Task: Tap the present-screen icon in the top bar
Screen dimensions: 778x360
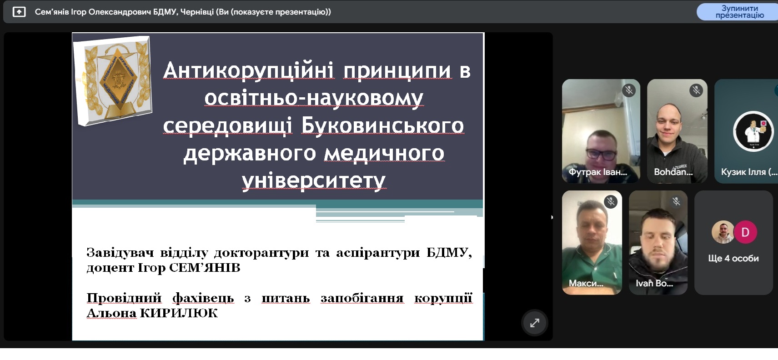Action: tap(19, 12)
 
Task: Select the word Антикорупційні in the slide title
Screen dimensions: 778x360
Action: tap(248, 70)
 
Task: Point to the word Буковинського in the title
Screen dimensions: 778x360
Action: tap(382, 125)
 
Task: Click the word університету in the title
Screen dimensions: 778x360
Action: tap(314, 180)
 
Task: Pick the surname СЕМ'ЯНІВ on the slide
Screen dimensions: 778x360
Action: tap(205, 268)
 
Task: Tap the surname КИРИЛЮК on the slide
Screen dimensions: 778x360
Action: tap(179, 313)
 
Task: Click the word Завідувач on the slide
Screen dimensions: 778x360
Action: tap(120, 253)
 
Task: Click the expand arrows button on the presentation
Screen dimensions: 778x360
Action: tap(535, 323)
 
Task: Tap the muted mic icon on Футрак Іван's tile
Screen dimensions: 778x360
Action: tap(629, 90)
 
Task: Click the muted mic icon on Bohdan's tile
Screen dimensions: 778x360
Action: tap(696, 90)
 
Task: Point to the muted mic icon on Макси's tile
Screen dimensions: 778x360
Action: tap(611, 202)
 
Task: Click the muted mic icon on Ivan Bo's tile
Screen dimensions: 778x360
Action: tap(676, 201)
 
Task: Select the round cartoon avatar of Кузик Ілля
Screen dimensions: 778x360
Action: tap(753, 131)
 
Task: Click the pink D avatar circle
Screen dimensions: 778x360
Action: tap(745, 232)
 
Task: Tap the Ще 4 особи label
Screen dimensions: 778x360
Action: tap(733, 258)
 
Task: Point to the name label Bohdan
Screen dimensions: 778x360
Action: tap(673, 172)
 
